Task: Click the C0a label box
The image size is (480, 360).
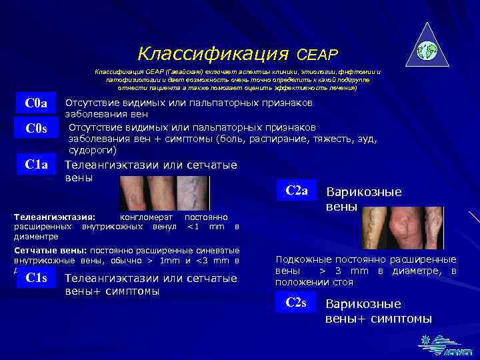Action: coord(35,103)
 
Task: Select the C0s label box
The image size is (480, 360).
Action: coord(35,128)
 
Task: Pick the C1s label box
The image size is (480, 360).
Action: coord(35,278)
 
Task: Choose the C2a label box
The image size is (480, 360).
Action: coord(296,191)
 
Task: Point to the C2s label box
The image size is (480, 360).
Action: coord(296,303)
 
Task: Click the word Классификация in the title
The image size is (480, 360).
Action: coord(213,53)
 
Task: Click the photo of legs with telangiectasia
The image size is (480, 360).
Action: coord(164,193)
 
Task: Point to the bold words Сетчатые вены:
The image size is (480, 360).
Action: coord(46,250)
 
